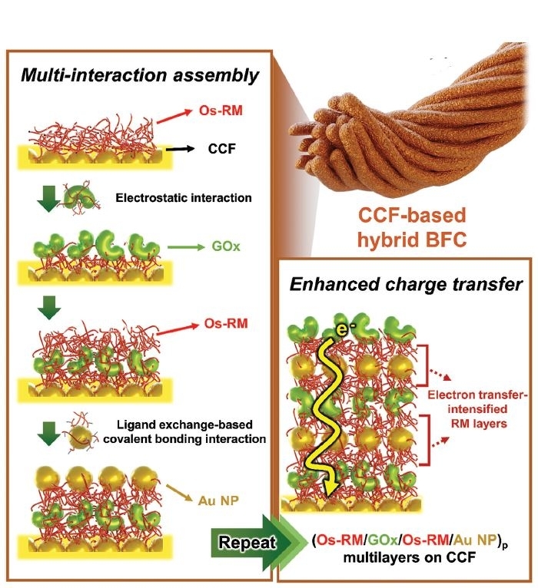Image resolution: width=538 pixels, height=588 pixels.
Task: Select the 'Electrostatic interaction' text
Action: point(183,197)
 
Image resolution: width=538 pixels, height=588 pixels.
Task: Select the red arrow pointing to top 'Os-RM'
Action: point(181,117)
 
